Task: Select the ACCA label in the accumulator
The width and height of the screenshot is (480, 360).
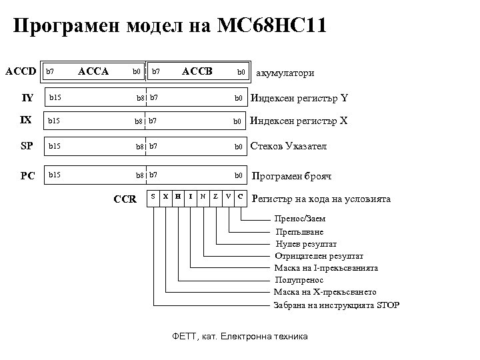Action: coord(93,70)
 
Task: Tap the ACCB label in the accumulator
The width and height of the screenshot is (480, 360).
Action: coord(197,70)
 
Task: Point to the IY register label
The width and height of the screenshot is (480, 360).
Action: coord(27,98)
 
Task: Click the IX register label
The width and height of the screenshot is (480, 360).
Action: coord(26,121)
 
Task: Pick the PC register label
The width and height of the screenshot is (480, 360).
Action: coord(27,176)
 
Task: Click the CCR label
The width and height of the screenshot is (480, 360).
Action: coord(125,199)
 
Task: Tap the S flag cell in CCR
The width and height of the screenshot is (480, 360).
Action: coord(154,197)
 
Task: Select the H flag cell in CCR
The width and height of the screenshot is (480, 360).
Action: coord(178,197)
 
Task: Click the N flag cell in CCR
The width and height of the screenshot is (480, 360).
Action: coord(203,197)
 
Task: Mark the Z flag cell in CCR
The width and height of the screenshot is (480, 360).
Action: coord(215,197)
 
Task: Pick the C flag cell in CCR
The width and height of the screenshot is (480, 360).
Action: coord(241,197)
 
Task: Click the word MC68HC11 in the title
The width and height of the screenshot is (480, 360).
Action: coord(272,27)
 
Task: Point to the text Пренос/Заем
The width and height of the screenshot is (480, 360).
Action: coord(300,219)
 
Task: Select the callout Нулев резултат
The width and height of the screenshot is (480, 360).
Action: coord(305,244)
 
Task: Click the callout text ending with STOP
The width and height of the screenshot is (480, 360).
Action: coord(337,305)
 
